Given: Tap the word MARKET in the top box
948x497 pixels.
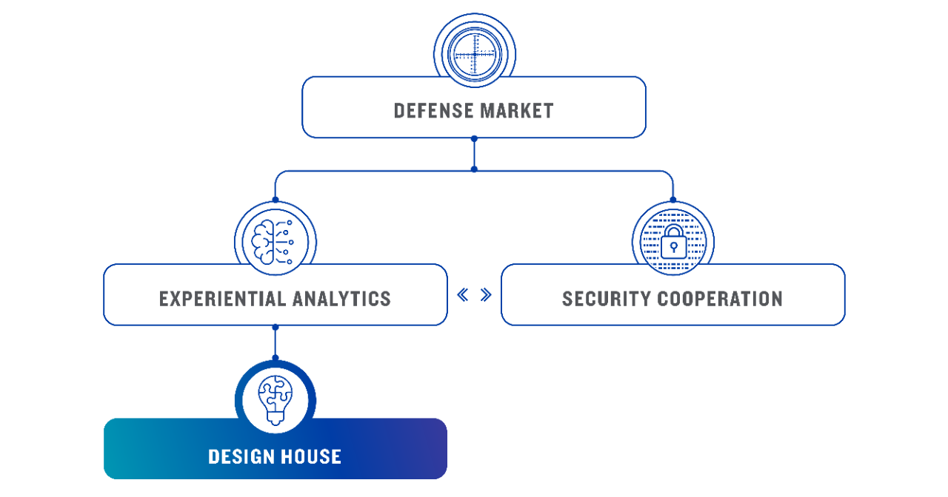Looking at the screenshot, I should (x=516, y=111).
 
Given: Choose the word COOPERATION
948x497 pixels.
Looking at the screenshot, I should (x=715, y=299).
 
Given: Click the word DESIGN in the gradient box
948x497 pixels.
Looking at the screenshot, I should (x=241, y=456).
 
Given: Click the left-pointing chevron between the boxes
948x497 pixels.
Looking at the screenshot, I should (x=463, y=295).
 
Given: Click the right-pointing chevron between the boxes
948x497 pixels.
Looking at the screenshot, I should (x=486, y=295).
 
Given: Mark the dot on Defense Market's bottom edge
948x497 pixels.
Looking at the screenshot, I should (x=474, y=138).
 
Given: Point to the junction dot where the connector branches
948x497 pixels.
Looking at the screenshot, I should (x=474, y=169).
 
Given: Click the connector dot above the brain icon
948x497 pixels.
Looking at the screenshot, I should (x=275, y=200).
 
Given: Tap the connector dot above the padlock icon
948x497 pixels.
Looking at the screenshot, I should (x=672, y=200).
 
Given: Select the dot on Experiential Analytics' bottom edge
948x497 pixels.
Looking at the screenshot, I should (x=275, y=326).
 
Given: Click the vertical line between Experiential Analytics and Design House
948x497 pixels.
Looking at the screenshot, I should (x=275, y=342).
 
